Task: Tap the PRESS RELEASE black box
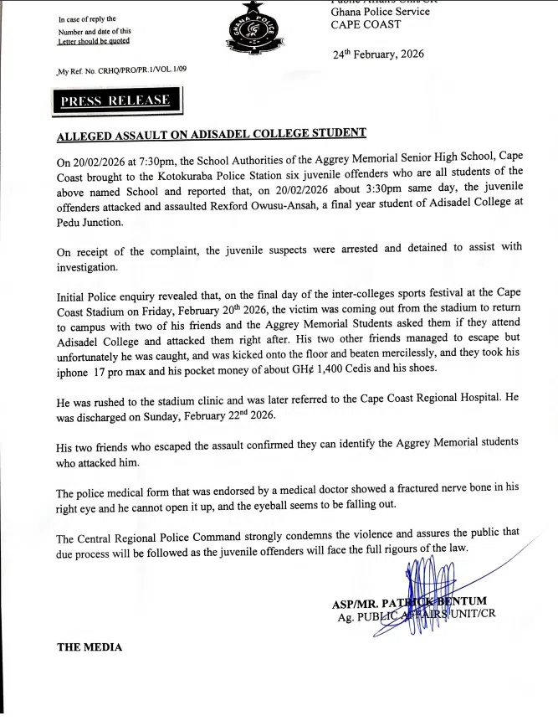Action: pos(115,101)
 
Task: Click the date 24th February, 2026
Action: pos(379,54)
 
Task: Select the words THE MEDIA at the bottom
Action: pos(89,647)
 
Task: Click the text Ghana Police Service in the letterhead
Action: pos(380,12)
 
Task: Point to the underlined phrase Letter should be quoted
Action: pos(94,41)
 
